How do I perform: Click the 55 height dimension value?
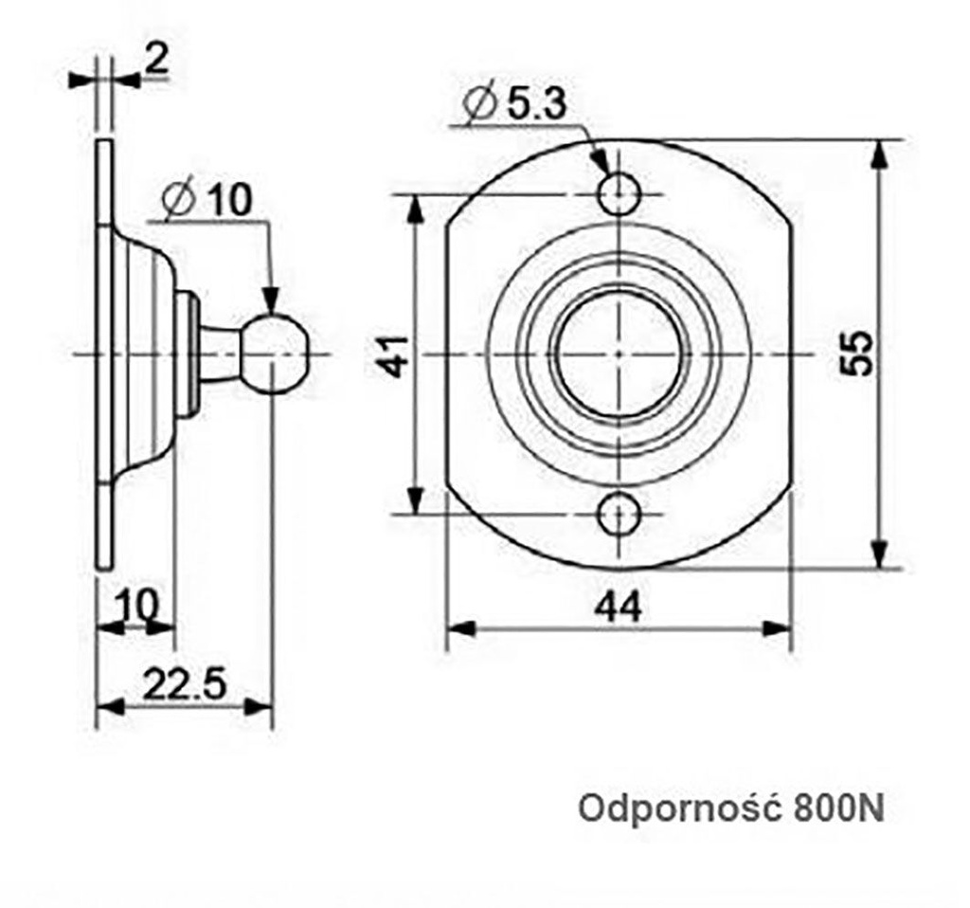(857, 354)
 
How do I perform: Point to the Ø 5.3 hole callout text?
(517, 102)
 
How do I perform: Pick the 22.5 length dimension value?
(184, 684)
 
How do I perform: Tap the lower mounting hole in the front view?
(619, 515)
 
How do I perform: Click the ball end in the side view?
(276, 354)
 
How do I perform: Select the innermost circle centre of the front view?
(618, 354)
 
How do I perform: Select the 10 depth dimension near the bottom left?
(136, 604)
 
